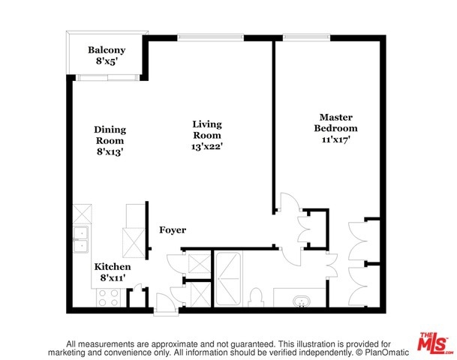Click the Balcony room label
click(x=107, y=50)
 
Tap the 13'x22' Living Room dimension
click(x=207, y=146)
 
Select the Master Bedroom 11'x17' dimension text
click(x=335, y=139)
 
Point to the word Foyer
click(x=173, y=230)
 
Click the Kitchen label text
click(x=113, y=267)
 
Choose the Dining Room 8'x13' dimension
click(x=110, y=151)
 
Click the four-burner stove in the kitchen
click(x=108, y=298)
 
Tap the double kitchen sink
click(x=81, y=239)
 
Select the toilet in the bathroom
click(x=257, y=298)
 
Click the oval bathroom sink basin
click(x=302, y=301)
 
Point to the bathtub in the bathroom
click(x=228, y=279)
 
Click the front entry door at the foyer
click(x=166, y=304)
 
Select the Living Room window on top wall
click(x=211, y=37)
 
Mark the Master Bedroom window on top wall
click(x=306, y=37)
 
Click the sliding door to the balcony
click(x=107, y=78)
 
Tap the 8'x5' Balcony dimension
click(x=107, y=61)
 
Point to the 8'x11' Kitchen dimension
click(x=113, y=277)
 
